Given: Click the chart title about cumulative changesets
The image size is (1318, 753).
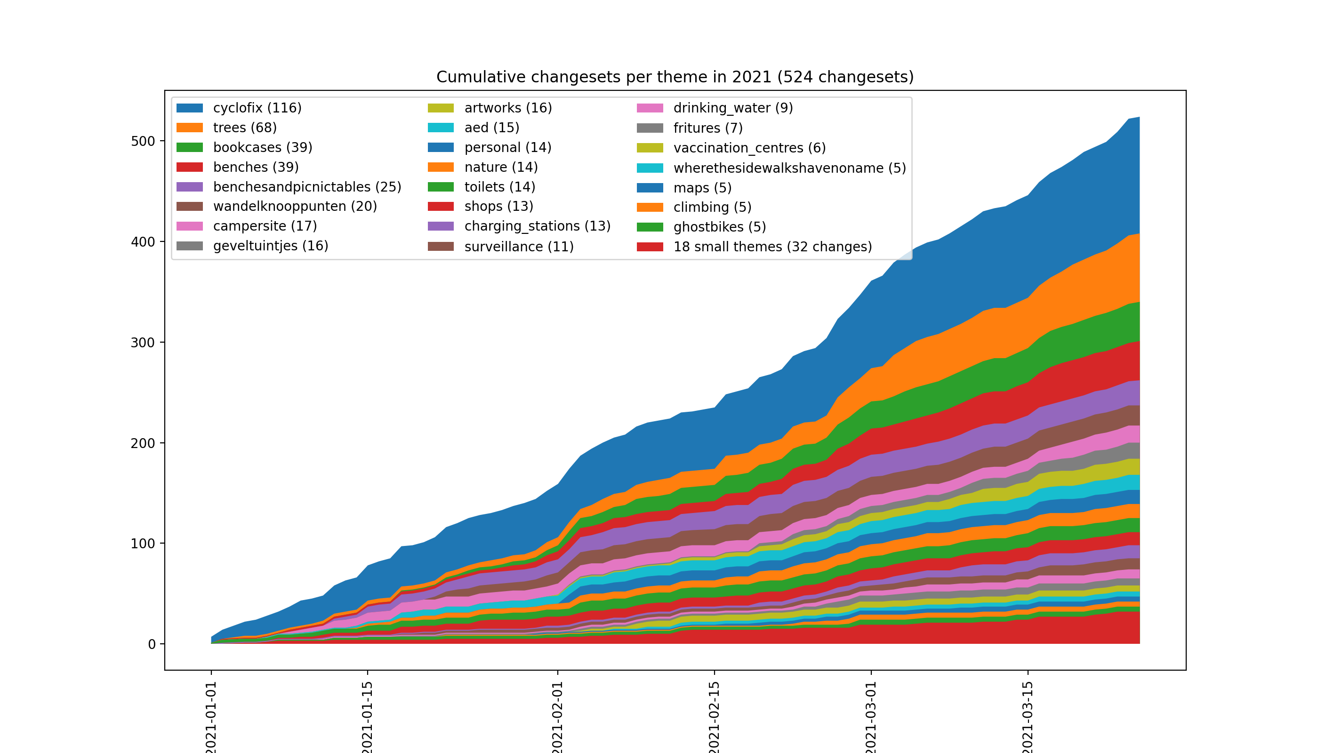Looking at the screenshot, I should pos(675,77).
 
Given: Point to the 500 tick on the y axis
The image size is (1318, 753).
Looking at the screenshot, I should pos(143,141).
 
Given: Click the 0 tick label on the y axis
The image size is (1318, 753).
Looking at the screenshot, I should pos(152,644).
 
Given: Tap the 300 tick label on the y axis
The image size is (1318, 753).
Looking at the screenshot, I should pos(143,342).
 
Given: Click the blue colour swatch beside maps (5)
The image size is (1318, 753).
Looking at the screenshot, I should pos(650,188).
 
